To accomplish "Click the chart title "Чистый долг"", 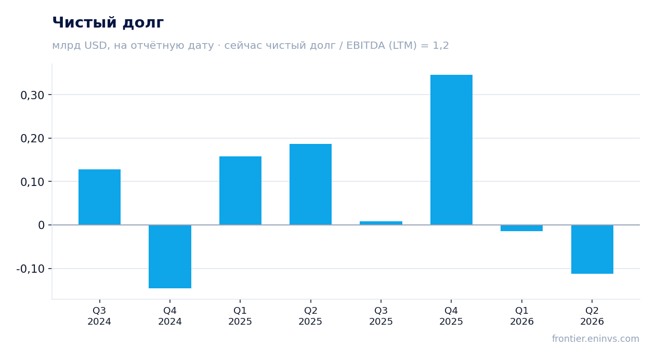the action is tap(108, 23).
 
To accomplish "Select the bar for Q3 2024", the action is tap(100, 197).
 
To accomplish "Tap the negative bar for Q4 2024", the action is tap(170, 257).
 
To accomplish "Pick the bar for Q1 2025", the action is tap(241, 191).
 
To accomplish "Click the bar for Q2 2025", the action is tap(311, 184).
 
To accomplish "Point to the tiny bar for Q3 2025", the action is tap(381, 223).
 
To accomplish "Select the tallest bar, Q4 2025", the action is tap(451, 150).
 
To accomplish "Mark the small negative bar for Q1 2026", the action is tap(521, 228).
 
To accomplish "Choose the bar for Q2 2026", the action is tap(592, 249).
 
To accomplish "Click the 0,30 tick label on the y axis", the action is tap(32, 95).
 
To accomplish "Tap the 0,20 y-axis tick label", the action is tap(32, 138).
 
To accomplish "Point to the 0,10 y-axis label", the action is tap(32, 182).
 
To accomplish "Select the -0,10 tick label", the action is tap(31, 269).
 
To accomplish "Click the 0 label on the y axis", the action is tap(41, 225).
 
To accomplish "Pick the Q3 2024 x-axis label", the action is tap(99, 316).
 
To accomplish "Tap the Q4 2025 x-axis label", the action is tap(451, 316).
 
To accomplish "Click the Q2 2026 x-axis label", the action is tap(592, 316).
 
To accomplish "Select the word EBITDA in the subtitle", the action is tap(365, 46).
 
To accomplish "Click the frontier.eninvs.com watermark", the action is tap(596, 339).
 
